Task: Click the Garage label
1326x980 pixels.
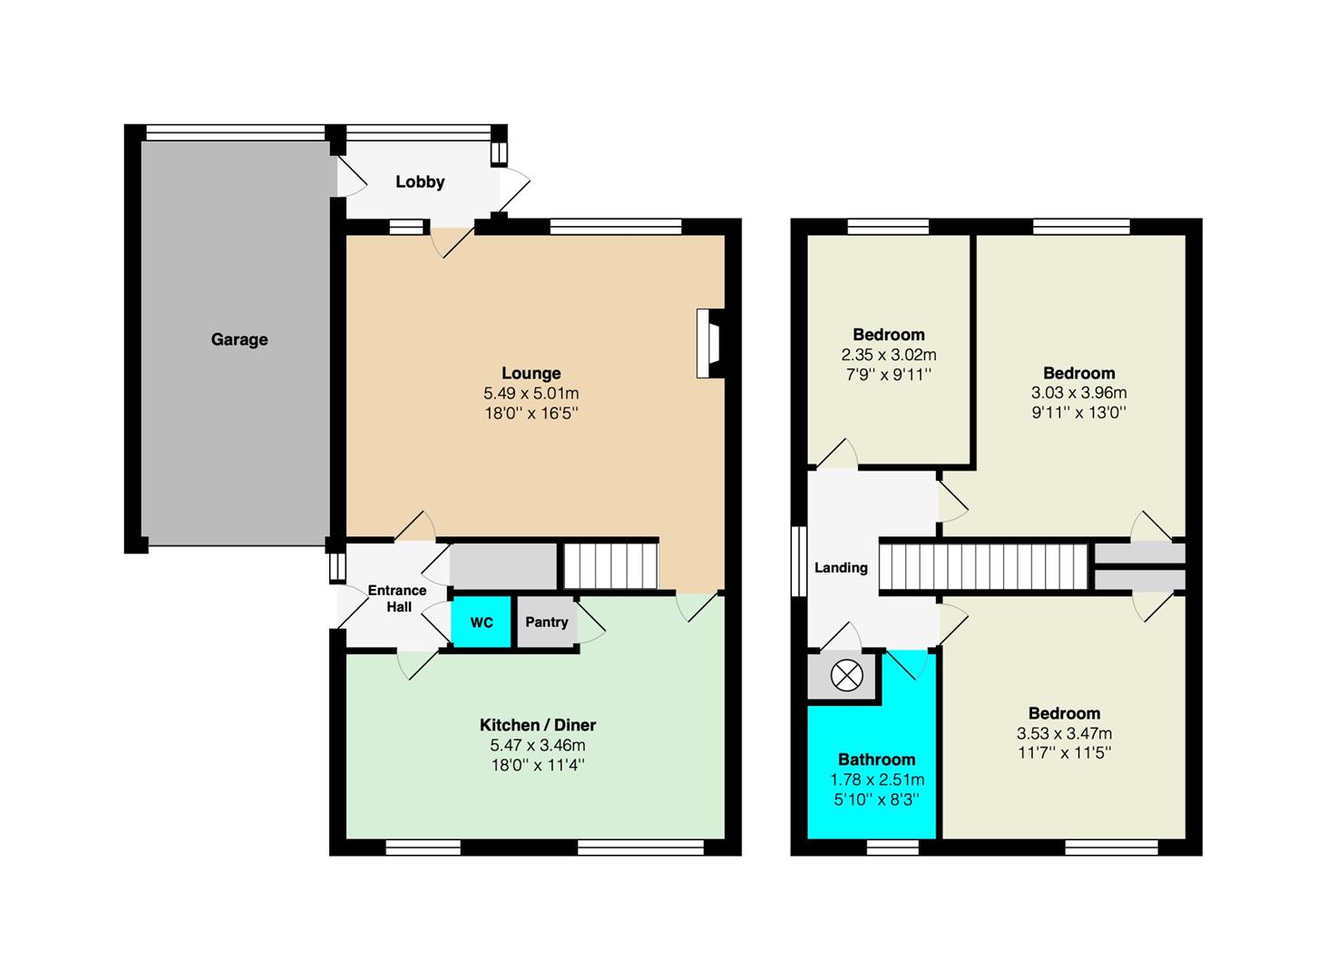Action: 239,340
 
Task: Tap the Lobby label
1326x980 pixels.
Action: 420,181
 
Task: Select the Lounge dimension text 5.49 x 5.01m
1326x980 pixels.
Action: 531,393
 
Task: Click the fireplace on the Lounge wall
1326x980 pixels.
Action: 710,343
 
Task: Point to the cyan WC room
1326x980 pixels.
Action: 482,622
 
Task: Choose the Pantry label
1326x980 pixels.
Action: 546,622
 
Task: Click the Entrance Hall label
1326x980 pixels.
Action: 397,598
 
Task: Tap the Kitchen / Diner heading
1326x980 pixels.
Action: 538,725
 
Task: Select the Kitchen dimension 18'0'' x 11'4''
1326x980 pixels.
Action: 538,765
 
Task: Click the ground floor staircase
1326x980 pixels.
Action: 610,566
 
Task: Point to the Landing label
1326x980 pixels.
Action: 841,567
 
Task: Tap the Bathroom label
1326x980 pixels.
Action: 876,759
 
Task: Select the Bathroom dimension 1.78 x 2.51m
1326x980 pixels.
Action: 877,780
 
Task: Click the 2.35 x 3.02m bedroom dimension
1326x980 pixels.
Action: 889,355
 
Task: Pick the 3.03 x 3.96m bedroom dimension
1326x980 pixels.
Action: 1078,393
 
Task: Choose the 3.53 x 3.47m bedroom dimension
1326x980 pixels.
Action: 1064,733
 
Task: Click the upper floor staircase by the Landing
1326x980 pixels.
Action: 983,566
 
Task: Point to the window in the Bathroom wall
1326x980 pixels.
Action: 892,846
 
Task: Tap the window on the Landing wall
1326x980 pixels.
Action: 799,561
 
